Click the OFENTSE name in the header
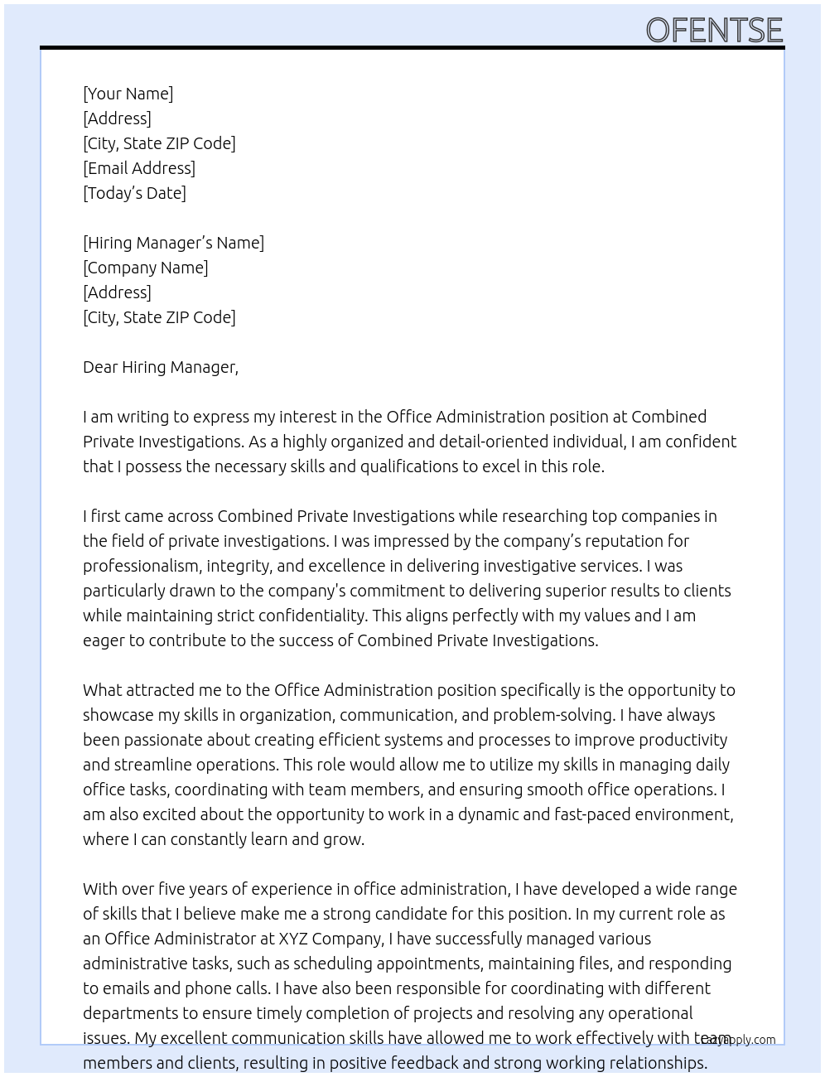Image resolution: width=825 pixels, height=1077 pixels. point(714,31)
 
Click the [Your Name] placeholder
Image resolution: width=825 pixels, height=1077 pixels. point(128,94)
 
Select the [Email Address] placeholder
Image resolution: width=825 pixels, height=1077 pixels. point(139,168)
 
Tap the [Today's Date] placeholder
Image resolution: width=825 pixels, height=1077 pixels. point(134,193)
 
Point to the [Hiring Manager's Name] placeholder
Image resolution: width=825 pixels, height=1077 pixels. point(173,243)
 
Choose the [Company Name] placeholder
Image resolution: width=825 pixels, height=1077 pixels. point(146,268)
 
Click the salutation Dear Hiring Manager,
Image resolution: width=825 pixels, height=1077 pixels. point(161,367)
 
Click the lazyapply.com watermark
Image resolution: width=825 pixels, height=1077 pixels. point(739,1040)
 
